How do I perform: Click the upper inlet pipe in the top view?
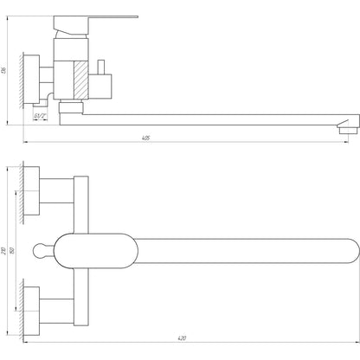coord(59,191)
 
